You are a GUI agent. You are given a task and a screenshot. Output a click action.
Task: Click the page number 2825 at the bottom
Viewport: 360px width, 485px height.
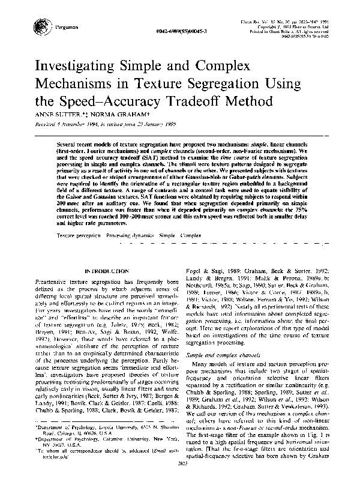coord(180,478)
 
